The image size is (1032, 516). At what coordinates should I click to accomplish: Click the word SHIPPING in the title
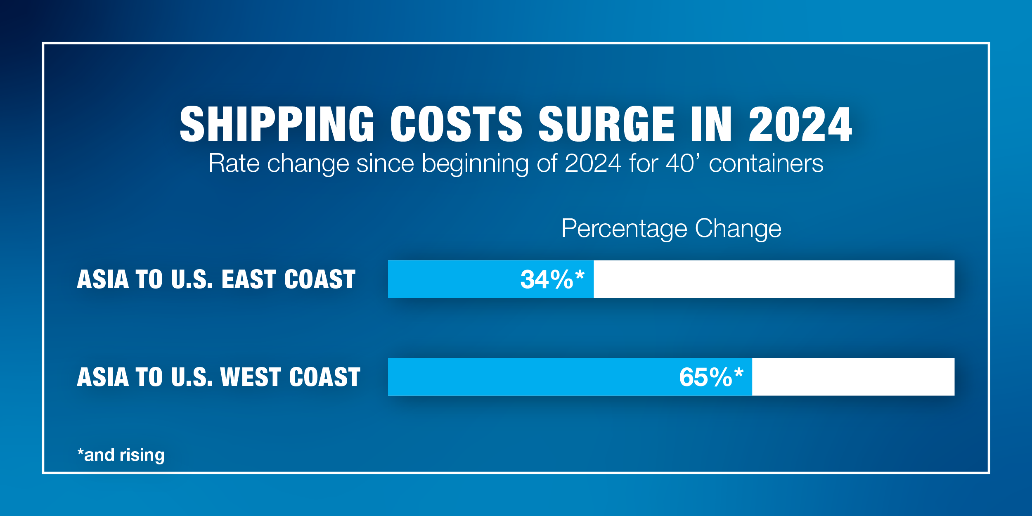tap(277, 124)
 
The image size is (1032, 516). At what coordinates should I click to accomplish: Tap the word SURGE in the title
tap(606, 124)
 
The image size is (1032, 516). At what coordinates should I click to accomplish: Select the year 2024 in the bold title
tap(800, 124)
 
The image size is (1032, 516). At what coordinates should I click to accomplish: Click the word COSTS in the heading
tap(457, 124)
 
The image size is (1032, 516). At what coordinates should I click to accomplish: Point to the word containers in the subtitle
tap(766, 163)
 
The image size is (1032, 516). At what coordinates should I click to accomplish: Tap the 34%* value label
tap(552, 279)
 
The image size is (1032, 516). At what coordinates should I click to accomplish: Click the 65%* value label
tap(711, 377)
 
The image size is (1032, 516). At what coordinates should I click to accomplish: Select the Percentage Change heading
tap(671, 229)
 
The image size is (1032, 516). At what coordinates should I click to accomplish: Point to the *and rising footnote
tap(121, 455)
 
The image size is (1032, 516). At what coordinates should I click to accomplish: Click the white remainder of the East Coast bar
tap(774, 279)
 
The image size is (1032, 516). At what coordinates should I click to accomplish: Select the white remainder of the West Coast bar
tap(853, 377)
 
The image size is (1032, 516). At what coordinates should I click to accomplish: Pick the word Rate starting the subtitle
tap(234, 163)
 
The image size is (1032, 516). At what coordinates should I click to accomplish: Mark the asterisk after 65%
tap(739, 373)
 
